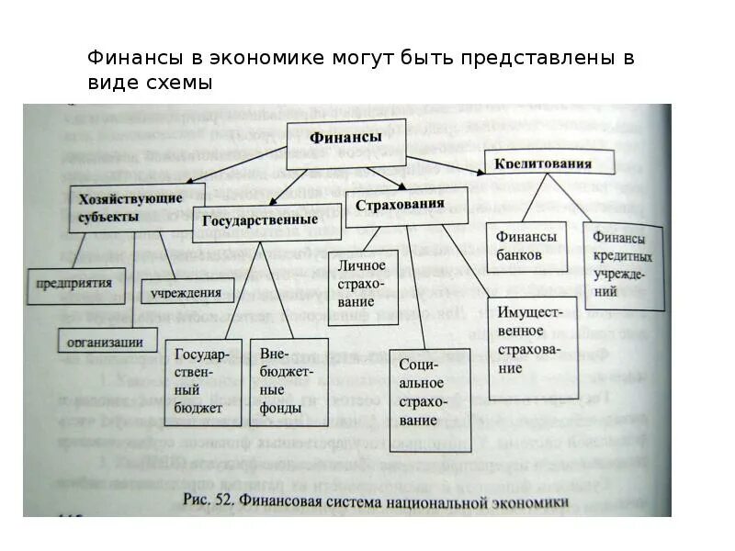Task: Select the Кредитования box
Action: point(542,164)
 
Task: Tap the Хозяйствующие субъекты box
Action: point(124,208)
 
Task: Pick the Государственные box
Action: point(254,221)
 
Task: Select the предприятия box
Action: point(74,284)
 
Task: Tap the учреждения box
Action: point(187,293)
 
